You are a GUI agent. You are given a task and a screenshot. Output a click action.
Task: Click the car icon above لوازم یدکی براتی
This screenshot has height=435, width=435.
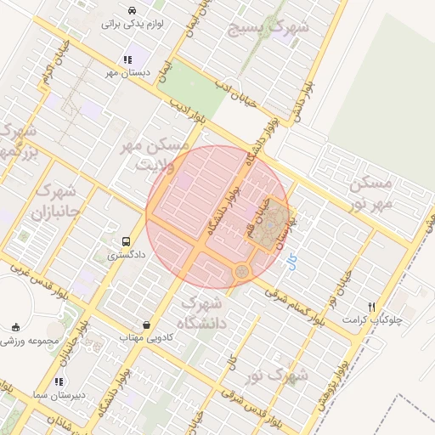pos(132,10)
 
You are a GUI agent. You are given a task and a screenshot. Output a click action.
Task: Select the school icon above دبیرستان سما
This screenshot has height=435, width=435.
pos(59,382)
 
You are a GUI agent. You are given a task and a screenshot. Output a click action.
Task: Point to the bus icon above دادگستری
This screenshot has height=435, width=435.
pos(126,241)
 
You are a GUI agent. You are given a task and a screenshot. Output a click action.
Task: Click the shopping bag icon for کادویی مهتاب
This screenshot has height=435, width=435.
pos(147,325)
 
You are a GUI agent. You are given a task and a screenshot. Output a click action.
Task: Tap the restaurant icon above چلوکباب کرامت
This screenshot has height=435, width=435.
pos(371,307)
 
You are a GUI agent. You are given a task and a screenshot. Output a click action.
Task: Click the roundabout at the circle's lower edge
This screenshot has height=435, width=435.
pos(242,271)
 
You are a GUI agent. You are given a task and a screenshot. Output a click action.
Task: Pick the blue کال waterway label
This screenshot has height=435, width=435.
pos(292,263)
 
